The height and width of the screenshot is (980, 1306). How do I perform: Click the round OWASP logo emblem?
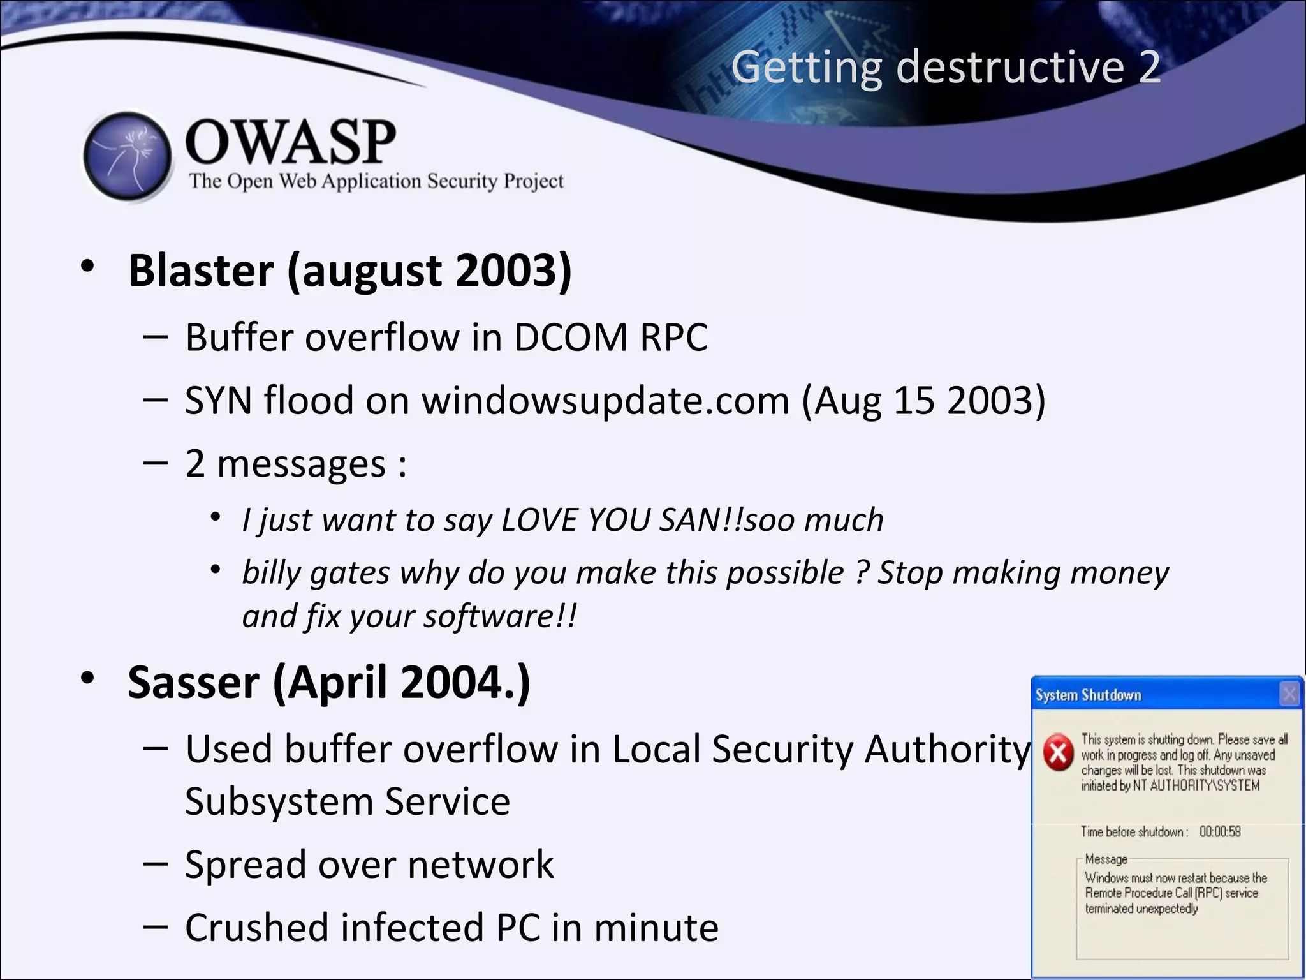(128, 156)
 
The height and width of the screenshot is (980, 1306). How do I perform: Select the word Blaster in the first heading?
(201, 271)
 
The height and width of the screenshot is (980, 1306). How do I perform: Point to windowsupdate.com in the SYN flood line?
(605, 401)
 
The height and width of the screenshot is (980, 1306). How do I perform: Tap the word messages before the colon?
(301, 464)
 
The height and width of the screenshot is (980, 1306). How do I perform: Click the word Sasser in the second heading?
(194, 683)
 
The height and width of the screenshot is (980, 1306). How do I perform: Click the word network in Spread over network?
(480, 865)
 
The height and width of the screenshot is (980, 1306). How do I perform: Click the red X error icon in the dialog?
(1058, 753)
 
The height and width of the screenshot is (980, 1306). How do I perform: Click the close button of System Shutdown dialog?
(1289, 694)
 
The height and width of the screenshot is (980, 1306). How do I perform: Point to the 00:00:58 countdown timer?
(1220, 832)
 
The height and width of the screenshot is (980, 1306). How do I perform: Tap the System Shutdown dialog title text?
(1088, 695)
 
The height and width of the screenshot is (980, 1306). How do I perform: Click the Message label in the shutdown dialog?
(1106, 859)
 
